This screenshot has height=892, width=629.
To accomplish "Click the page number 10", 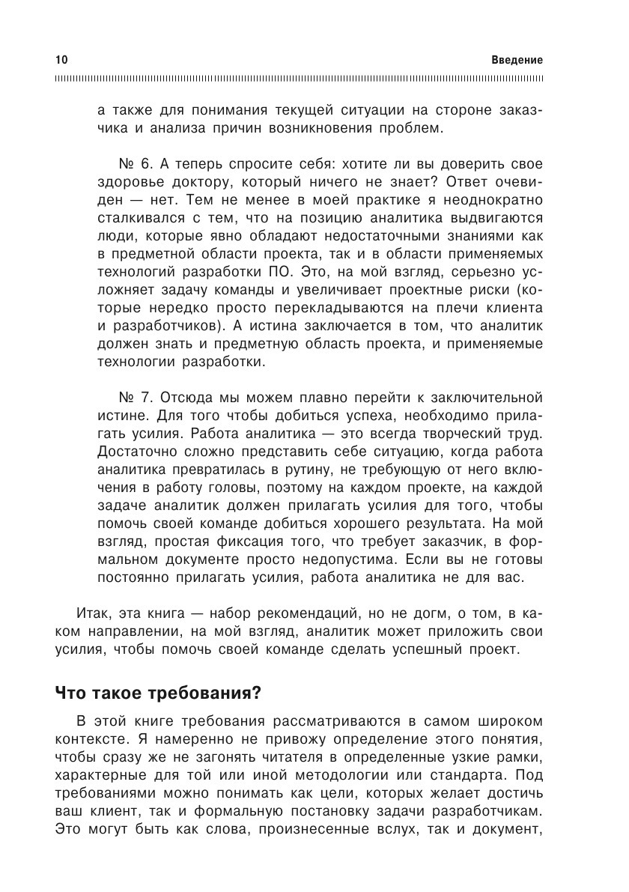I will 61,60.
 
